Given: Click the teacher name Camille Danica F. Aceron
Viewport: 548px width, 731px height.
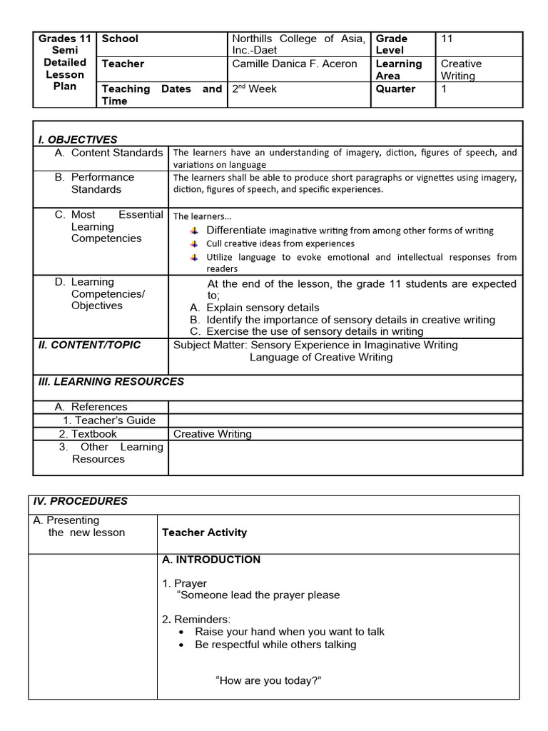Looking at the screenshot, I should [x=295, y=64].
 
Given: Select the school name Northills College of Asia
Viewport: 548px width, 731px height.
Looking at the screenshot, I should [x=298, y=39].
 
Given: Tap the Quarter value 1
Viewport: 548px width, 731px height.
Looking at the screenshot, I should [x=444, y=89].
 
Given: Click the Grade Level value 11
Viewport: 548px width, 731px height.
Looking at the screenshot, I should [x=447, y=39].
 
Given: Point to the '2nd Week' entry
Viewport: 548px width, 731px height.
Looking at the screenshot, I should [x=255, y=89].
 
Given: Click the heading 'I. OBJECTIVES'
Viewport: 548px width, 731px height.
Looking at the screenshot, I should [x=77, y=139].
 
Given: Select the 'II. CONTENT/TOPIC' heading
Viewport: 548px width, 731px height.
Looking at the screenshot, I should [x=89, y=345].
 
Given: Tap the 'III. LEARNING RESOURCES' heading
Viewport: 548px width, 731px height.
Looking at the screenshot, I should [x=111, y=381].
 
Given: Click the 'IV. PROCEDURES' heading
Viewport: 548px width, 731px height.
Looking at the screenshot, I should [x=80, y=501].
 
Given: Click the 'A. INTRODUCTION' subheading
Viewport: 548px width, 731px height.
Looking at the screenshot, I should [x=211, y=560].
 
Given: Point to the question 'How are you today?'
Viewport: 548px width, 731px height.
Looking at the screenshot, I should [x=268, y=680].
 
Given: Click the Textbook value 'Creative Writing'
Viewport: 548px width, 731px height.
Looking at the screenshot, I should [x=213, y=433].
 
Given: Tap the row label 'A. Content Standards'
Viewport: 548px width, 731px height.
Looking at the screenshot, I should [x=108, y=153].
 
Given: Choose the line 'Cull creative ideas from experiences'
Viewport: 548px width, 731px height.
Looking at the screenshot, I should [x=280, y=243].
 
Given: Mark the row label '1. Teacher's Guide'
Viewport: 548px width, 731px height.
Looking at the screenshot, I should [x=109, y=420].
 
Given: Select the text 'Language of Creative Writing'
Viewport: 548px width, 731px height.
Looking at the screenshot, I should [x=321, y=357].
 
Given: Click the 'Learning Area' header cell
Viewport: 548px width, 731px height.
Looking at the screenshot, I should [x=399, y=69].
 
